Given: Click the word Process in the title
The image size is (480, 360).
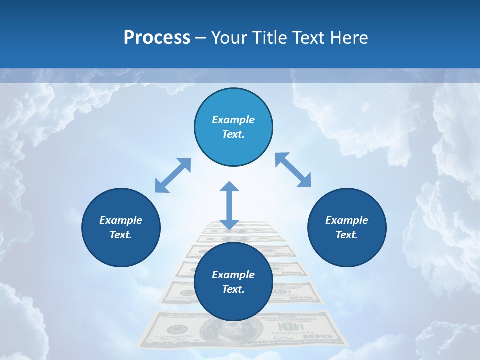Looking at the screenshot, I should click(157, 38).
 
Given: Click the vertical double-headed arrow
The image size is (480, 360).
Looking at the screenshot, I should click(229, 205).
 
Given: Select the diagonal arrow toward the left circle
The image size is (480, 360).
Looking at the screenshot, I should click(173, 175).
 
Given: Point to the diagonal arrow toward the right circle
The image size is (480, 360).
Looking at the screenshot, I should click(293, 170).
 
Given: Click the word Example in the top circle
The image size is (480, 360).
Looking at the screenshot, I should click(233, 120).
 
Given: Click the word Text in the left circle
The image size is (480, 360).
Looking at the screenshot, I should click(121, 235).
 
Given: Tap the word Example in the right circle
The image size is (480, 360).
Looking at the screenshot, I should click(347, 220).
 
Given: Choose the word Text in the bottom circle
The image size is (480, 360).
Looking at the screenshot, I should click(233, 289).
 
